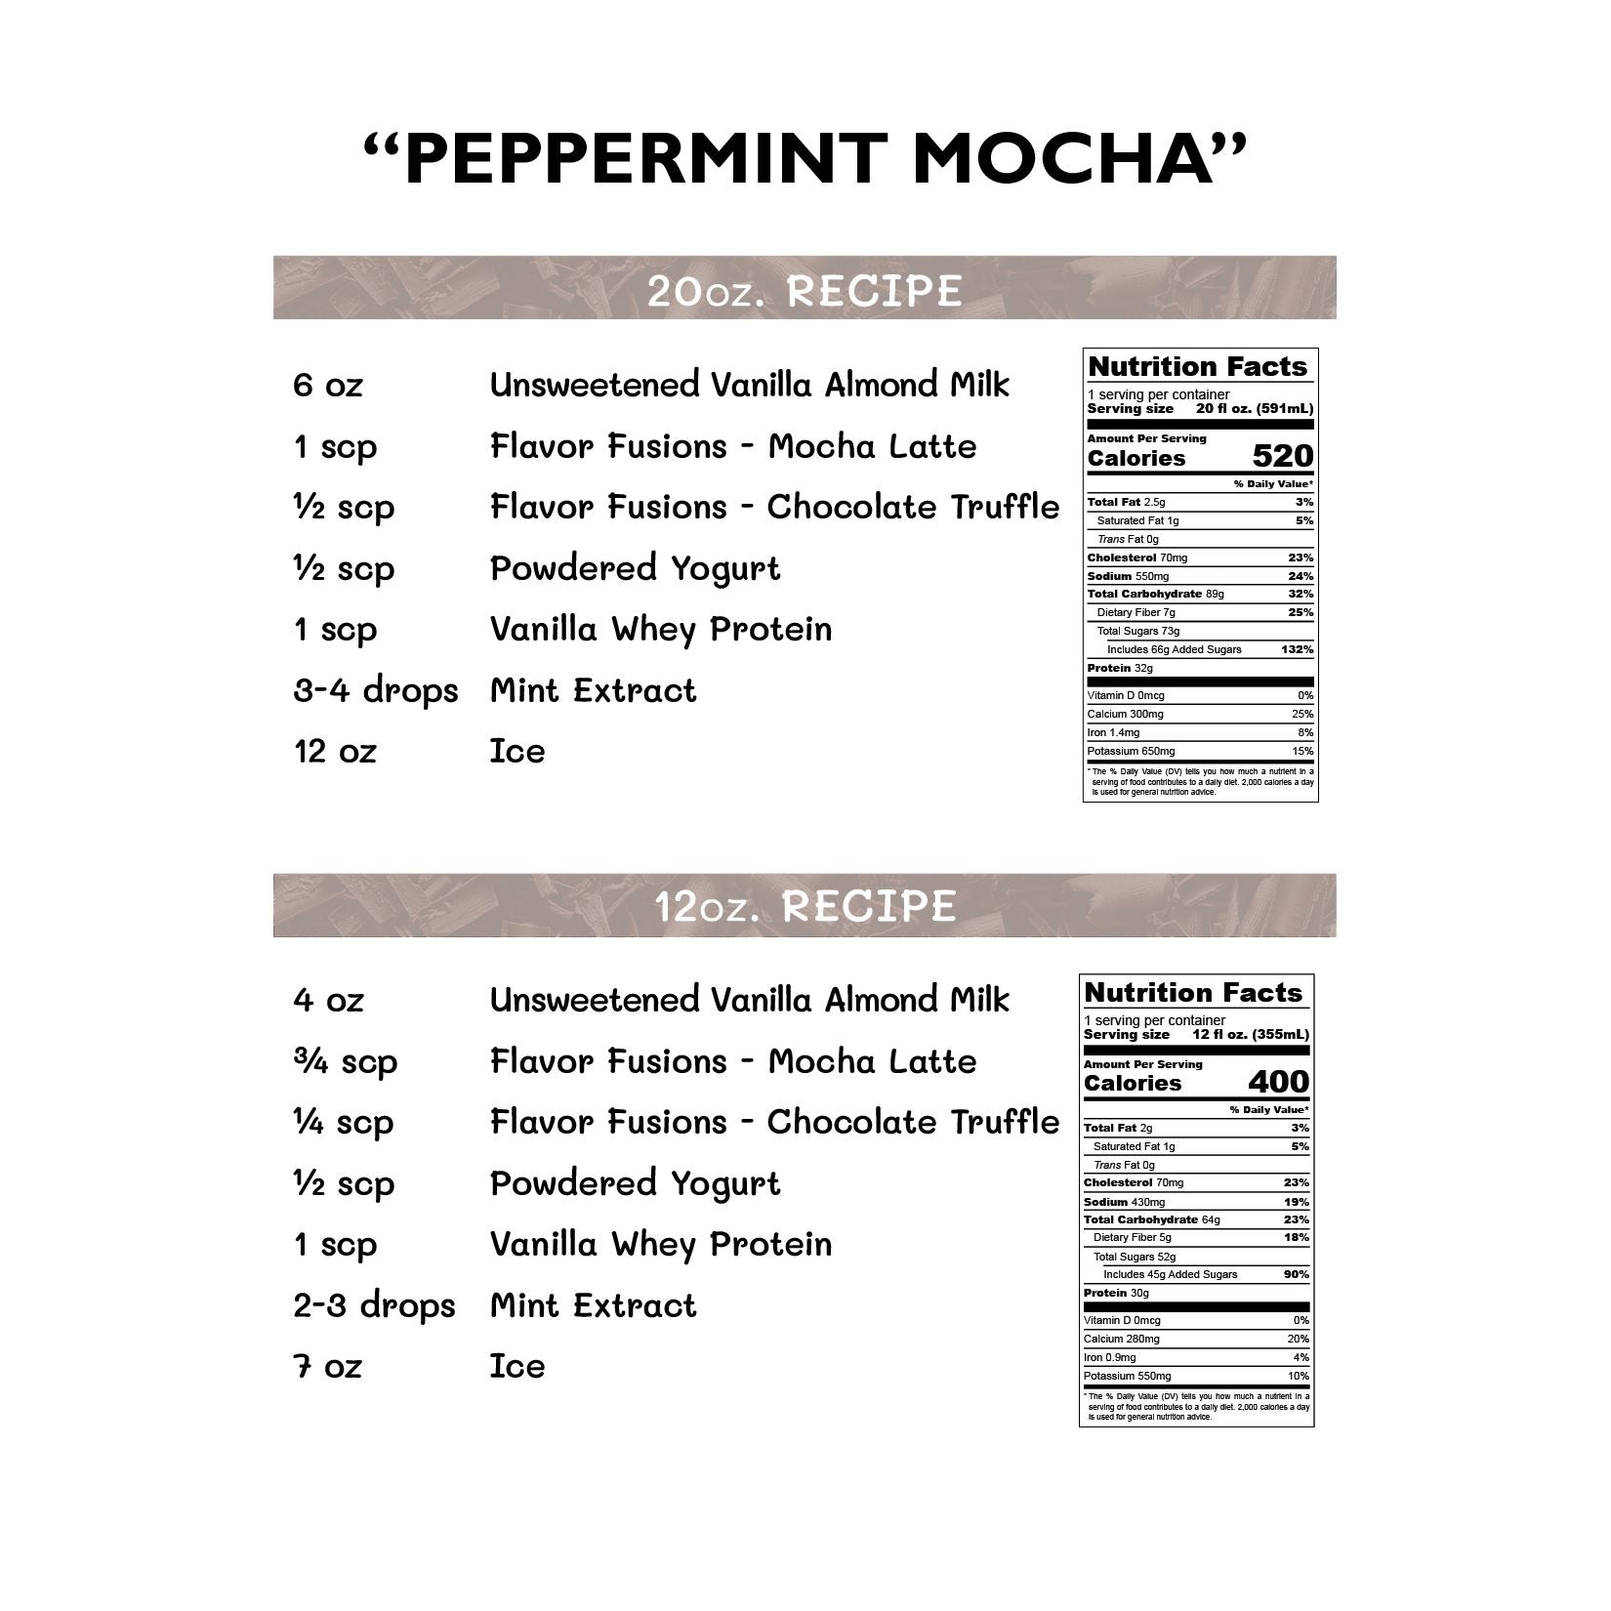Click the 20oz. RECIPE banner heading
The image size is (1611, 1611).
[805, 290]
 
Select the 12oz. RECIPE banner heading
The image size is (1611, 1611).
[805, 906]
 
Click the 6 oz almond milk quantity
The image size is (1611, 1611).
[328, 385]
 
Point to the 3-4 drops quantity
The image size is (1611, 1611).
[376, 691]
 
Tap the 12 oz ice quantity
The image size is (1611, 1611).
[335, 752]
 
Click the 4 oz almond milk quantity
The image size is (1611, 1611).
[328, 1000]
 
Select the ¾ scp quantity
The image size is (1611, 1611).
[345, 1062]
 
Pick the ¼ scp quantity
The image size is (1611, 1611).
[344, 1123]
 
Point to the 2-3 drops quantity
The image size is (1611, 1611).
[375, 1306]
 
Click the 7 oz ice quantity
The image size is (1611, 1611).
[327, 1367]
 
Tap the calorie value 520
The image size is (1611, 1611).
[1283, 456]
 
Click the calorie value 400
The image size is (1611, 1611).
[1279, 1082]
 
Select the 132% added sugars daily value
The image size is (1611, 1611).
[1297, 649]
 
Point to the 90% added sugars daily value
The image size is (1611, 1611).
[1296, 1274]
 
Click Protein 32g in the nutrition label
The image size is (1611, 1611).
[1120, 668]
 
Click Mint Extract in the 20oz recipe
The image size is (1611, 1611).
[593, 691]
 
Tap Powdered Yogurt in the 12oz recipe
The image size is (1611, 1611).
[635, 1183]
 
